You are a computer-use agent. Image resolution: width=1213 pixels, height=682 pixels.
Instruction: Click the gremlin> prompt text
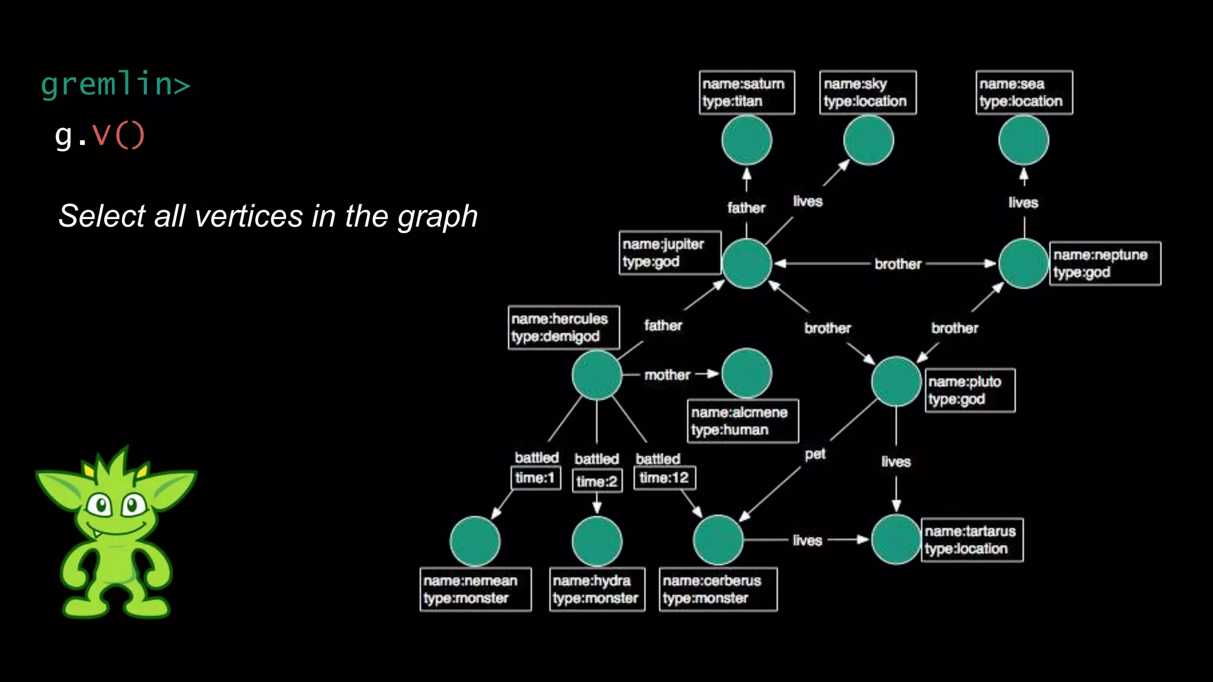115,83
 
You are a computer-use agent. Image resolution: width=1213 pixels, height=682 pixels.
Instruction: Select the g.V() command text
100,135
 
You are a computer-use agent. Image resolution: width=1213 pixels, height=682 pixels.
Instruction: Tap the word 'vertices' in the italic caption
249,216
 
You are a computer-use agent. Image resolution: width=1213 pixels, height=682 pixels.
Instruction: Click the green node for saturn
746,140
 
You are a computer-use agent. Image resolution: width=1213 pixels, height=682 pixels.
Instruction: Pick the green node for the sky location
868,140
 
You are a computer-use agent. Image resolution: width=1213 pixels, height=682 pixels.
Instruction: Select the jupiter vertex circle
746,263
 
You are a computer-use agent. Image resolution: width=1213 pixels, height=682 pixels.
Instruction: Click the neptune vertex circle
1023,263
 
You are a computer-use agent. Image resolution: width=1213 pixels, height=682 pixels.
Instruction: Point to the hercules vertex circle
596,375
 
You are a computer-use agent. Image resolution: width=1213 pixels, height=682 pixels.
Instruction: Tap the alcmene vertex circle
746,373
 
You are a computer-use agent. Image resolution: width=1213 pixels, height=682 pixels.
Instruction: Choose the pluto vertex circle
896,381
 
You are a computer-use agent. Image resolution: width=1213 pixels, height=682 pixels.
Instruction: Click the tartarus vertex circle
896,539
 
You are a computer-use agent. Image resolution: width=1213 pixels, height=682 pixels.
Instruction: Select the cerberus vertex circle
718,539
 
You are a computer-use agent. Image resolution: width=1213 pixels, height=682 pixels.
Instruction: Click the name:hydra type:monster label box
596,590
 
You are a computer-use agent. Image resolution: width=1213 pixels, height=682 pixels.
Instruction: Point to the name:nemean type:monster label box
475,590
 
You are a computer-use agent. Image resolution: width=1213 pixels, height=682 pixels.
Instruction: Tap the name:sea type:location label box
1024,92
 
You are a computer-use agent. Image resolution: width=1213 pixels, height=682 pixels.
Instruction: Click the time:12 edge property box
665,478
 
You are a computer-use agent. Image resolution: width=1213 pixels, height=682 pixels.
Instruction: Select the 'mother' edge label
667,375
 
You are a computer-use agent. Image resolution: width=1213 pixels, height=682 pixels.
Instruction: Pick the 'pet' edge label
815,454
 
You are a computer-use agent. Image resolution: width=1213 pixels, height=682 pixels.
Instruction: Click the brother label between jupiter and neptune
898,264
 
